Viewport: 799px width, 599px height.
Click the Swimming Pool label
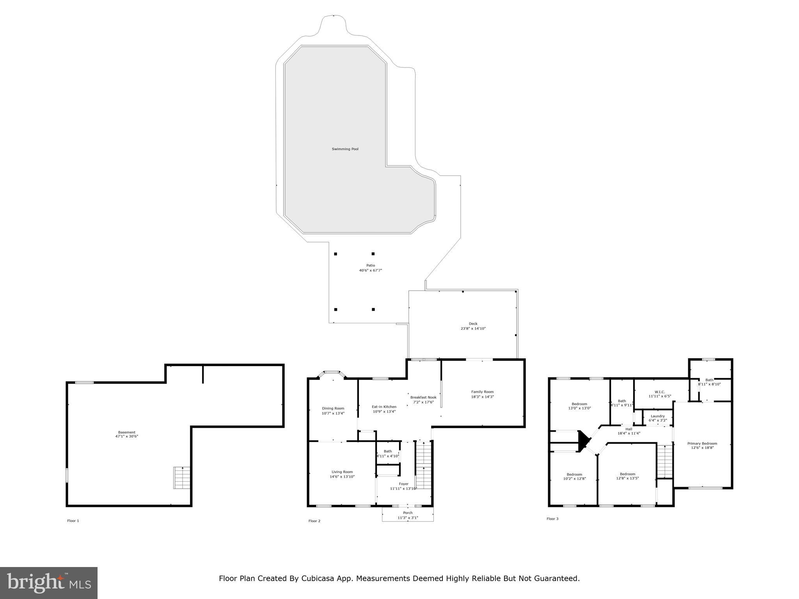345,149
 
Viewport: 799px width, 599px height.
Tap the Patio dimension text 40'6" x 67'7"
370,270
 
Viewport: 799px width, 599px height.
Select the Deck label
473,324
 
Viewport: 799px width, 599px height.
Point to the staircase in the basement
181,478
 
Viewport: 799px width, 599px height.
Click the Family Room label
482,392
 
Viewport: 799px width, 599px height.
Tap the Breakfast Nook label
423,397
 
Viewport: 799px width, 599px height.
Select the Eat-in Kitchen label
384,407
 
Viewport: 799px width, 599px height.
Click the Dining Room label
333,408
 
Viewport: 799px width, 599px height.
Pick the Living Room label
342,472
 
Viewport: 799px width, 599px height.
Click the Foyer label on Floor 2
403,484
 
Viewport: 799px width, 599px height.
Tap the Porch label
408,513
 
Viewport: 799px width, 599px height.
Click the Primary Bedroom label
702,443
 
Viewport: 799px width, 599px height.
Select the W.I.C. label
660,392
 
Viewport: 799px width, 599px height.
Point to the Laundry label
658,416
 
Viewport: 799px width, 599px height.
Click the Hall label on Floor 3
629,429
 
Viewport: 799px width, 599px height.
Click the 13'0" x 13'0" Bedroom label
579,404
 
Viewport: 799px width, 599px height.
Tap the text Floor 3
552,519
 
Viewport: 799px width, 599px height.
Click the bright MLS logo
49,583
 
